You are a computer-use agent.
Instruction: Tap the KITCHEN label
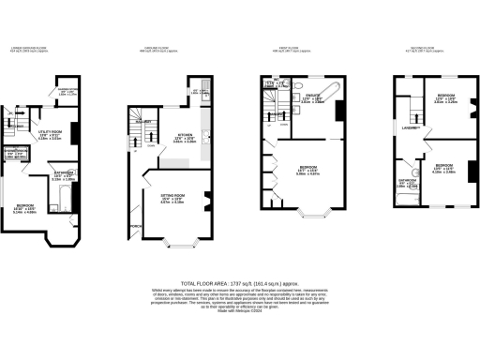[x=185, y=135]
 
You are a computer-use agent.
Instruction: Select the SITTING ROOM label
[x=171, y=196]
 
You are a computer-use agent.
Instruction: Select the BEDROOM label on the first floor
[x=308, y=167]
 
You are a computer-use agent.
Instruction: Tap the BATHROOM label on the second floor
[x=408, y=181]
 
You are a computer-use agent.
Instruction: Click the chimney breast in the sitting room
[x=204, y=200]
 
